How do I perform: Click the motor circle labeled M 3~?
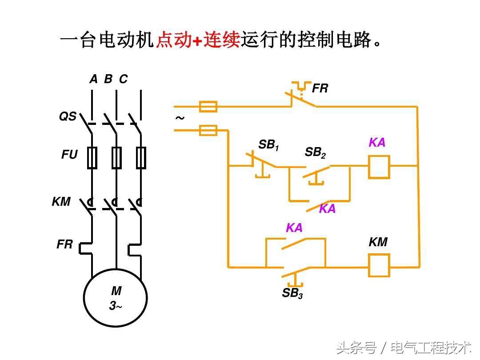[x=116, y=298]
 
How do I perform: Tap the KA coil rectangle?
[x=379, y=167]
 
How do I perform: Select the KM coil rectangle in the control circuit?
[x=379, y=265]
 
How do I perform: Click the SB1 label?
[x=268, y=145]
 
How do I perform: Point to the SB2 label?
[x=315, y=152]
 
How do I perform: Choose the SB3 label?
[x=292, y=293]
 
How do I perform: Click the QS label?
[x=68, y=117]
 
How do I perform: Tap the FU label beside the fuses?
[x=69, y=155]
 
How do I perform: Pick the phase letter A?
[x=93, y=79]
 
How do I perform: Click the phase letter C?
[x=123, y=79]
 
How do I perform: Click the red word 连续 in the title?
[x=222, y=40]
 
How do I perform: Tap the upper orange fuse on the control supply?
[x=208, y=107]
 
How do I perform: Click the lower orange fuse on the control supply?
[x=208, y=130]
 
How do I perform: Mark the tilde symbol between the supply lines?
[x=180, y=118]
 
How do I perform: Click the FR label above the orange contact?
[x=320, y=88]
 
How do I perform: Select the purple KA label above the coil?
[x=377, y=143]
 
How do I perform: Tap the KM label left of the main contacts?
[x=61, y=202]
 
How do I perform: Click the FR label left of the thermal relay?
[x=64, y=244]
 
